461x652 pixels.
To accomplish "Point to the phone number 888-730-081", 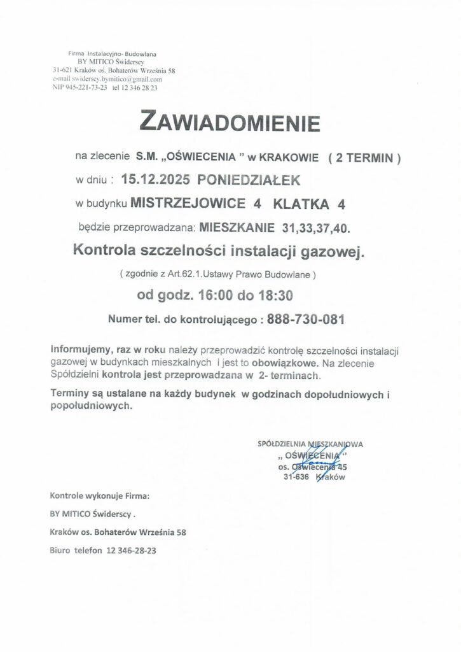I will (x=307, y=319).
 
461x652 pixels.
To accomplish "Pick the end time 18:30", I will (x=273, y=295).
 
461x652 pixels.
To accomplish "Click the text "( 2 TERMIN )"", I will (x=364, y=156).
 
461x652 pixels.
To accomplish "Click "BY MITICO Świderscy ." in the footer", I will (x=92, y=513).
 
